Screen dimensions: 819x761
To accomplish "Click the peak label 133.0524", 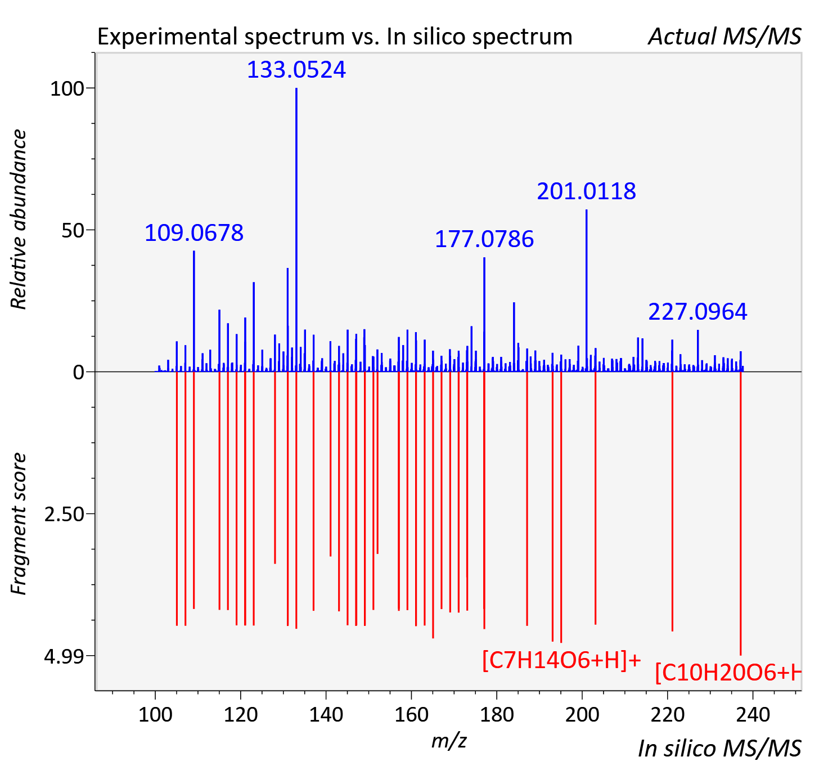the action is [296, 70].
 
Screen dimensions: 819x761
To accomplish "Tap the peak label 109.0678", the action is [194, 233].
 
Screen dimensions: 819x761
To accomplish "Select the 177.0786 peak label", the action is [484, 239].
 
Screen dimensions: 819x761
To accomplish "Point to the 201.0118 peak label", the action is [587, 191].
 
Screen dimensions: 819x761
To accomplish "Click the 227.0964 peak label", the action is [697, 312].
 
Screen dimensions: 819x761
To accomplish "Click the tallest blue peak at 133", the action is [296, 230].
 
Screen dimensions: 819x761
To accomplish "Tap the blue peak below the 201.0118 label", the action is [587, 290].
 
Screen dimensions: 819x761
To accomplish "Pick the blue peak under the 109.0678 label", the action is [194, 311].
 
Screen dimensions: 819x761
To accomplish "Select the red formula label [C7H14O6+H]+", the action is [562, 660].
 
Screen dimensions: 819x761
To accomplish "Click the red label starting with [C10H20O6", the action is [728, 673].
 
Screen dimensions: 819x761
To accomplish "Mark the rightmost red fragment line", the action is [741, 514].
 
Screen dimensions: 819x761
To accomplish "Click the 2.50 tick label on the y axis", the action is [64, 514].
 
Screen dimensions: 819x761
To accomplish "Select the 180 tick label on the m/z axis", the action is [497, 715].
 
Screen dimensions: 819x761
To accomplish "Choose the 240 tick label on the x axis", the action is [753, 715].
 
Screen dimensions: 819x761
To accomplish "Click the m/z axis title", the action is [449, 741].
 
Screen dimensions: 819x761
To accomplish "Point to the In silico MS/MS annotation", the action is [719, 749].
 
